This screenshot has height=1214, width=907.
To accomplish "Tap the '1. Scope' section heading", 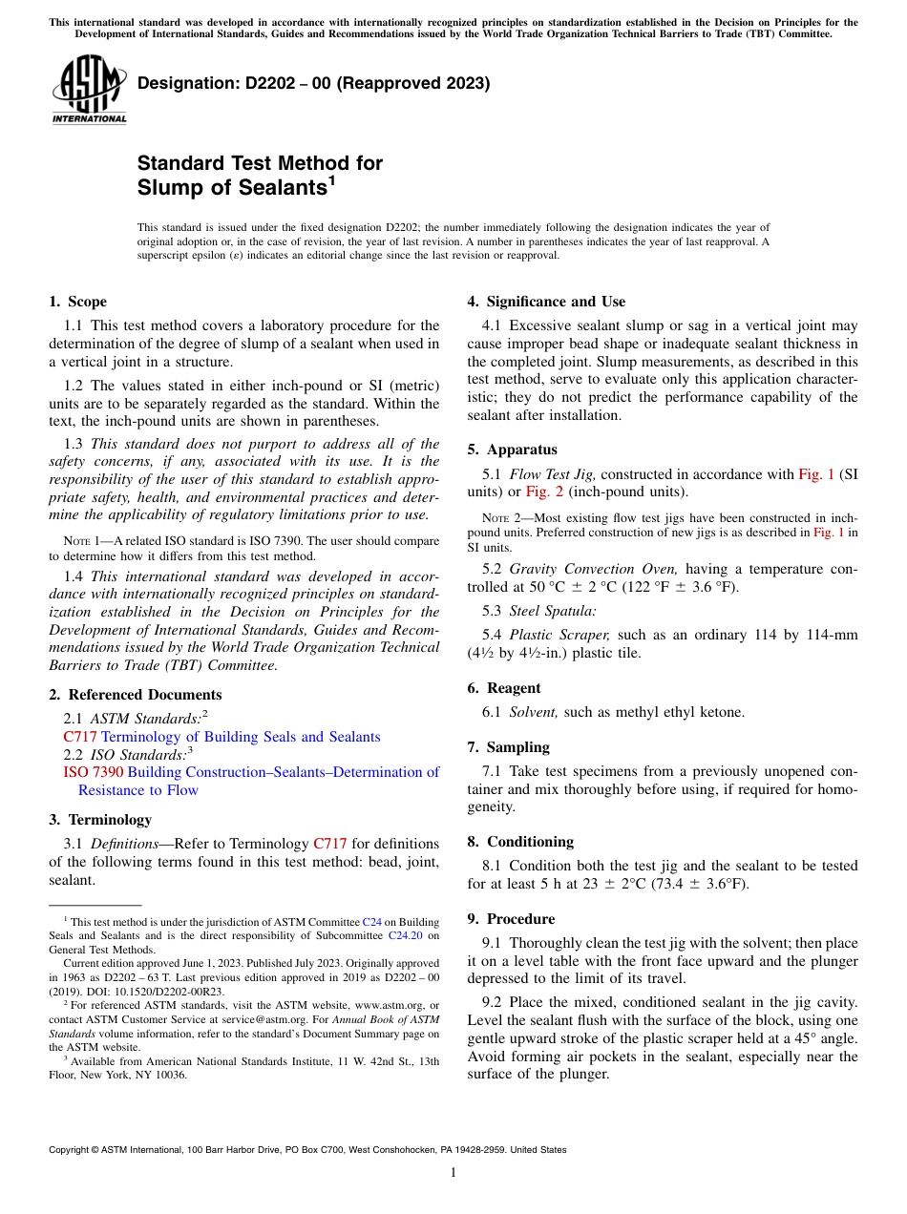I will [x=77, y=302].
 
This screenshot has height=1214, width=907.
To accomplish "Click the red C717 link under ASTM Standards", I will [x=80, y=737].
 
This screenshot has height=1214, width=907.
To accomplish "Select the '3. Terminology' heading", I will [x=99, y=820].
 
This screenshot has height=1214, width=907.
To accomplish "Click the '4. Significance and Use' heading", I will [x=546, y=302].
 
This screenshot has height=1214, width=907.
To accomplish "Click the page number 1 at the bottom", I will [x=453, y=1173].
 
